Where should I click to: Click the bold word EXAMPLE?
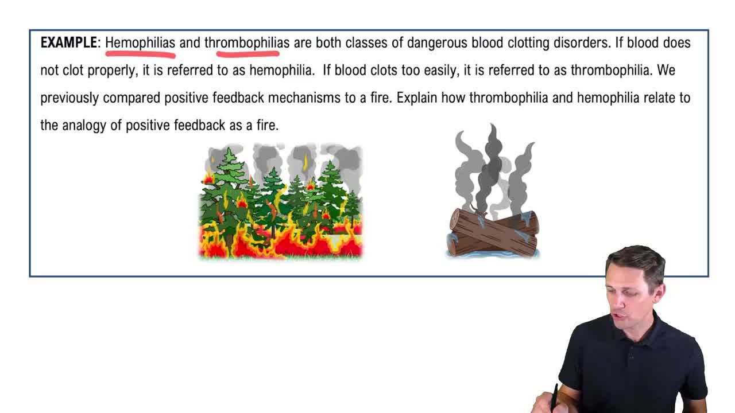pos(69,42)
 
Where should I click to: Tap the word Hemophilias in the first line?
pos(140,43)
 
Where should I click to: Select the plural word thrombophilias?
pos(247,43)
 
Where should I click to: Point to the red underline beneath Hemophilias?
pos(141,54)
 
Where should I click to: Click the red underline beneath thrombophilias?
pos(247,53)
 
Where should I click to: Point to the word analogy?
pos(84,126)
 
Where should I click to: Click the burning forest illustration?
pos(281,201)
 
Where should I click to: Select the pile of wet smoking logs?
pos(493,233)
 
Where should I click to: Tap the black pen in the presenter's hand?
pos(554,398)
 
